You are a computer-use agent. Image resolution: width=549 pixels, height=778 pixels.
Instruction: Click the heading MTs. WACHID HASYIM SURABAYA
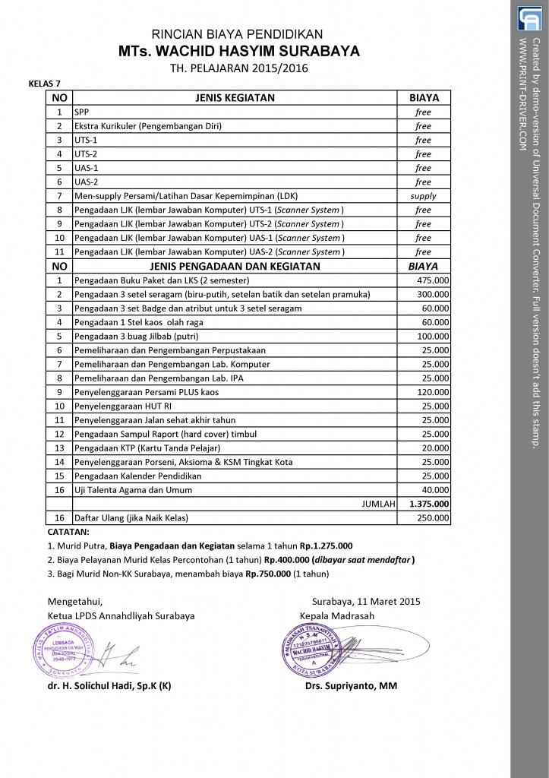(x=238, y=51)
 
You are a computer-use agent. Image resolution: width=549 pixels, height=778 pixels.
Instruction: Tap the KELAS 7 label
(x=45, y=84)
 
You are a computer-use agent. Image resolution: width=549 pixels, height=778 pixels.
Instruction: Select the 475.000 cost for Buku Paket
(x=434, y=280)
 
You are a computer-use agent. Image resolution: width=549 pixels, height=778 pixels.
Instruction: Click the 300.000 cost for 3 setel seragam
(x=434, y=294)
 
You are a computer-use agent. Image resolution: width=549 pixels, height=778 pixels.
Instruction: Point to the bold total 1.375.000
(x=429, y=504)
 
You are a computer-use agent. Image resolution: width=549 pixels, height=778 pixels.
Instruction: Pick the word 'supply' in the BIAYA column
(x=423, y=196)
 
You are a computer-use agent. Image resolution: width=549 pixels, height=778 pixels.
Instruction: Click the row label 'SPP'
(x=81, y=112)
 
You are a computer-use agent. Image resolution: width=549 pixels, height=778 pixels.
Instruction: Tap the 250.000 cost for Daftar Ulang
(x=434, y=518)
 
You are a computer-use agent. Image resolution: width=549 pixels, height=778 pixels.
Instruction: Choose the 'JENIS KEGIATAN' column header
(x=235, y=98)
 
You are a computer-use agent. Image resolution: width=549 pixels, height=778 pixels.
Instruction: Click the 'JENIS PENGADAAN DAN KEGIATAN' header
(x=235, y=266)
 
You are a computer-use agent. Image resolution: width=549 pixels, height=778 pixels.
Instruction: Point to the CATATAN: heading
(x=68, y=532)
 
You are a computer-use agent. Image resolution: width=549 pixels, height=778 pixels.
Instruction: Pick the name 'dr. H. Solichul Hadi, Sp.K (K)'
(x=109, y=686)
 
